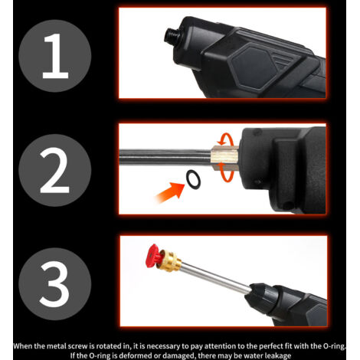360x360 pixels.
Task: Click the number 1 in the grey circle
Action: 55,56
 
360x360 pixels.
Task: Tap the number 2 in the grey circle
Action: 54,170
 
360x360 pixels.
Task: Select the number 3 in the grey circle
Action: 54,284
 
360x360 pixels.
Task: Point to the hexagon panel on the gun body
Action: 254,66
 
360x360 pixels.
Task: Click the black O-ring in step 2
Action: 193,179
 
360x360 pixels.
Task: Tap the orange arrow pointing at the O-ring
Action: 169,192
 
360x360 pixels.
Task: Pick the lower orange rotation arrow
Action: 227,175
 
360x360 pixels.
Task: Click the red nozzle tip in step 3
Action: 152,256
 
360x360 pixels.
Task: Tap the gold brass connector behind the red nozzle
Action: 169,261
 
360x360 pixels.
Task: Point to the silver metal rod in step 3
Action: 216,277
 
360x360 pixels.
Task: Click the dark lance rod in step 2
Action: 165,157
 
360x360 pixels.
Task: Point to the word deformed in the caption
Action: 133,355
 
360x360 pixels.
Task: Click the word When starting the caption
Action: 23,346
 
